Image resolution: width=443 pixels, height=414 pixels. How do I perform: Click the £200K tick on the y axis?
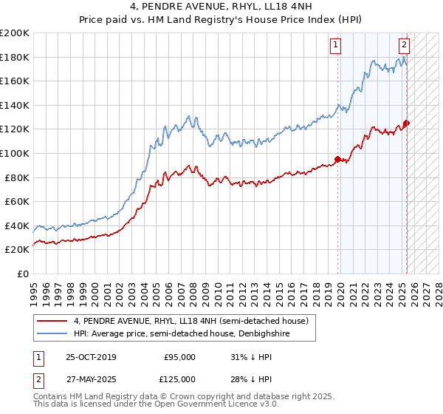15,33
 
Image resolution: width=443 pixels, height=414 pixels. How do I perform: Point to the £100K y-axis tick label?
15,153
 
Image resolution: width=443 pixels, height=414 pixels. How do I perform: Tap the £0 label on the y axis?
23,274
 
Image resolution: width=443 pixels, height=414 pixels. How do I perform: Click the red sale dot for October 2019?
338,159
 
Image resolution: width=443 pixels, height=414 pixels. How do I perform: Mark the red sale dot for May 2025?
407,123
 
